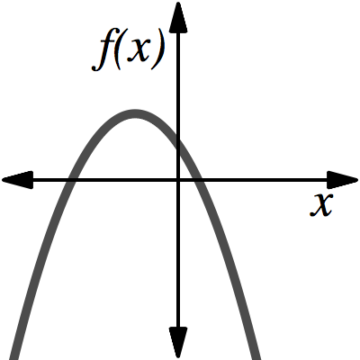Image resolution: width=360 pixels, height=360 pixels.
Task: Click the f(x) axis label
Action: pos(131,51)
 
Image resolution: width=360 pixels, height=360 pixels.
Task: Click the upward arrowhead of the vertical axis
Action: pos(178,15)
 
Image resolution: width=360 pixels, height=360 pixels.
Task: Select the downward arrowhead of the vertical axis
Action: pos(178,342)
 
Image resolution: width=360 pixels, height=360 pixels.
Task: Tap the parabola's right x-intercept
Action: pos(200,180)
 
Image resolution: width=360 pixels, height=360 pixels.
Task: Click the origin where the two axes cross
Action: pos(178,180)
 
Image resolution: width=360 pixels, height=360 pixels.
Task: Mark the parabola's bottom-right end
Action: pos(256,354)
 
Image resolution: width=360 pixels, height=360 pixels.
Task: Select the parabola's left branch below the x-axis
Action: pos(40,261)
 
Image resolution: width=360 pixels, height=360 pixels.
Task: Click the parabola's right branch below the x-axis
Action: pos(229,261)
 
